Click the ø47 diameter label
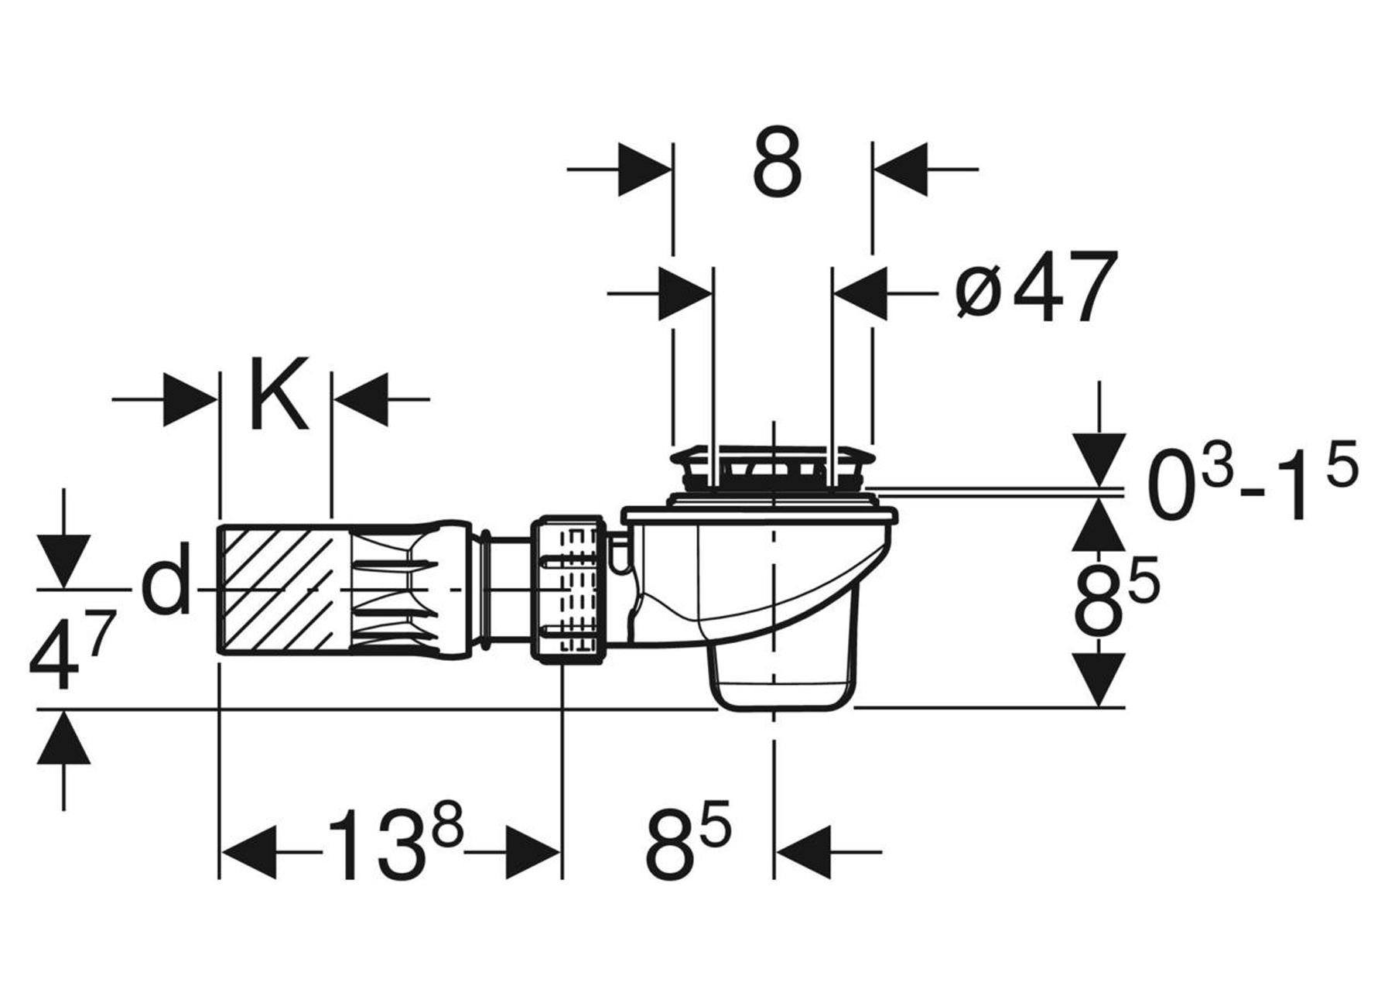pos(1035,286)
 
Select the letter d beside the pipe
pos(166,577)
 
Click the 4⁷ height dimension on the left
pos(73,650)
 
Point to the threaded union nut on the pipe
pos(569,588)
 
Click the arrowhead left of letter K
pos(190,399)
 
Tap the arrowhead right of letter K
pos(360,399)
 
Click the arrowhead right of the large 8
pos(900,168)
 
